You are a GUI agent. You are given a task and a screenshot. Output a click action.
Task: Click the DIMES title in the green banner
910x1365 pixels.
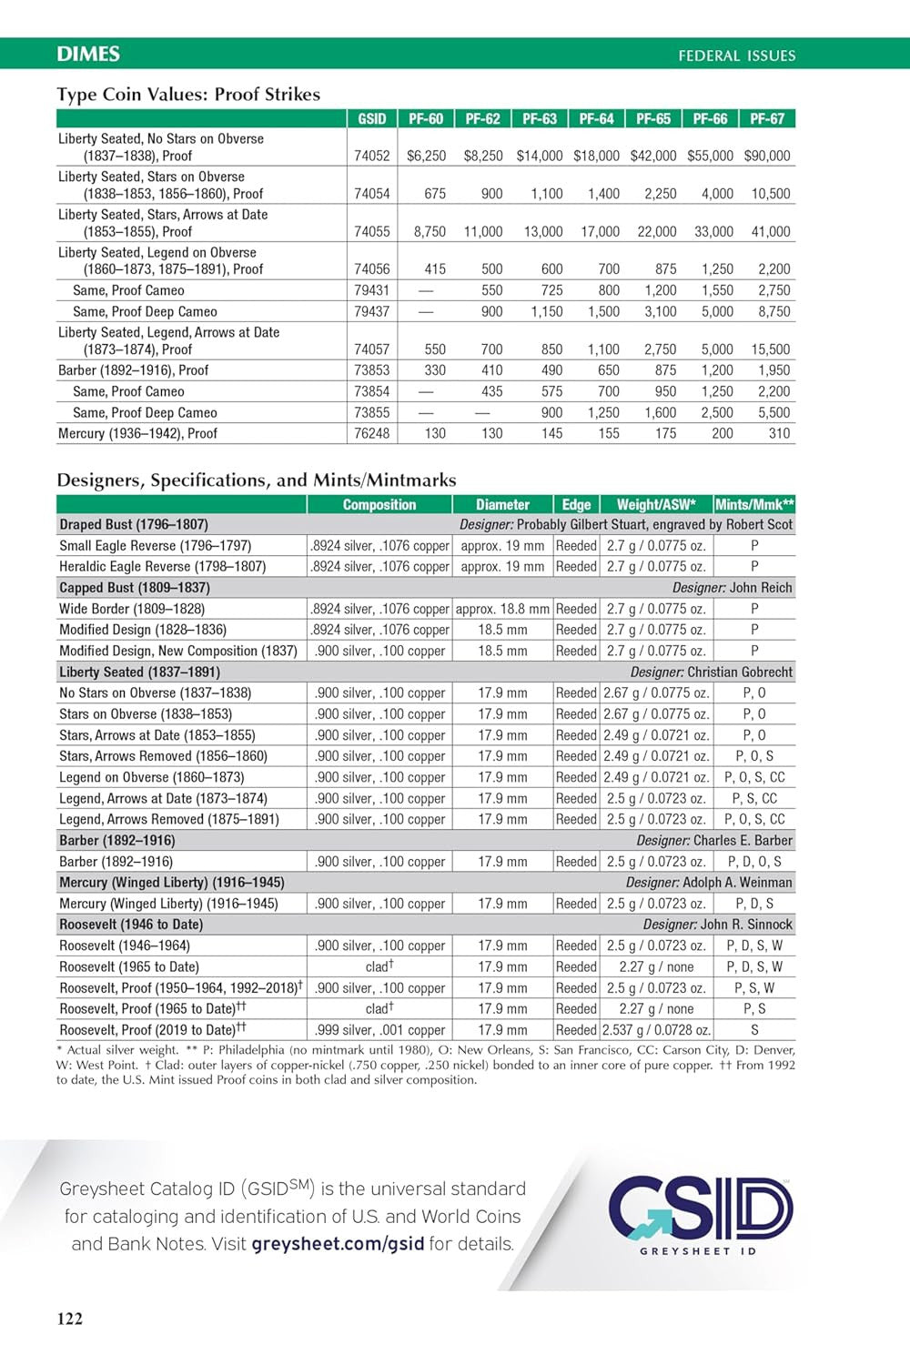[x=88, y=54]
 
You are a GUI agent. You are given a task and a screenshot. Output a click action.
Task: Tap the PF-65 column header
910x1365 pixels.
[x=653, y=118]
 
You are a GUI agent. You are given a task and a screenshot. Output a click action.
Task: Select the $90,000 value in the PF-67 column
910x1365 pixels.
[x=767, y=156]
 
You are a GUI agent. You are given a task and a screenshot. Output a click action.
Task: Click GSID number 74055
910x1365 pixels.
[x=371, y=231]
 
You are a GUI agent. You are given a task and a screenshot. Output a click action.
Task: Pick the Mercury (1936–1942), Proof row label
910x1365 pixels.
[x=137, y=433]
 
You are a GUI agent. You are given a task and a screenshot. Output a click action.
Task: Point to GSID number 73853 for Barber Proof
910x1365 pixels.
[x=371, y=370]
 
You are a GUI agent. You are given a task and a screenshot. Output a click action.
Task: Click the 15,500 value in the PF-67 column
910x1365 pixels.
[x=771, y=349]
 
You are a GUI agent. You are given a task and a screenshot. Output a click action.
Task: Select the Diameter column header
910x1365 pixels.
[x=502, y=504]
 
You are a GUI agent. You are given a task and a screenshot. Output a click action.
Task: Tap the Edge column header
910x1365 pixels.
[x=576, y=504]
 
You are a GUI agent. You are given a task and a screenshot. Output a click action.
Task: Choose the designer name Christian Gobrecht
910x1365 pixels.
[x=740, y=672]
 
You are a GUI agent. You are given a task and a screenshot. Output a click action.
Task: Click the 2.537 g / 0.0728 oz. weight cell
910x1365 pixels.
[x=656, y=1030]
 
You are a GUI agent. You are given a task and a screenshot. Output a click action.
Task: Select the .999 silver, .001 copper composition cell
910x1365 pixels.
[x=379, y=1030]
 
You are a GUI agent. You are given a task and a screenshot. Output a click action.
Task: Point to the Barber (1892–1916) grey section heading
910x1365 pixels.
[x=117, y=840]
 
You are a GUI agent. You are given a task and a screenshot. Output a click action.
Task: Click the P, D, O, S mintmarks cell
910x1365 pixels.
[x=754, y=861]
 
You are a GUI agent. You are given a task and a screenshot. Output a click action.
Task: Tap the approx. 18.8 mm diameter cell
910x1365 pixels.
[x=502, y=609]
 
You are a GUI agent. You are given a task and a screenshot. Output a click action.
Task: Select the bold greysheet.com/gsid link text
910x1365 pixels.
[x=338, y=1244]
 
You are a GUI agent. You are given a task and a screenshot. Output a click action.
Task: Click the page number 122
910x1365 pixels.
[x=70, y=1319]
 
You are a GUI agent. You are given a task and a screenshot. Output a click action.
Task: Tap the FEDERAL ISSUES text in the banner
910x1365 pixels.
[x=736, y=56]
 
